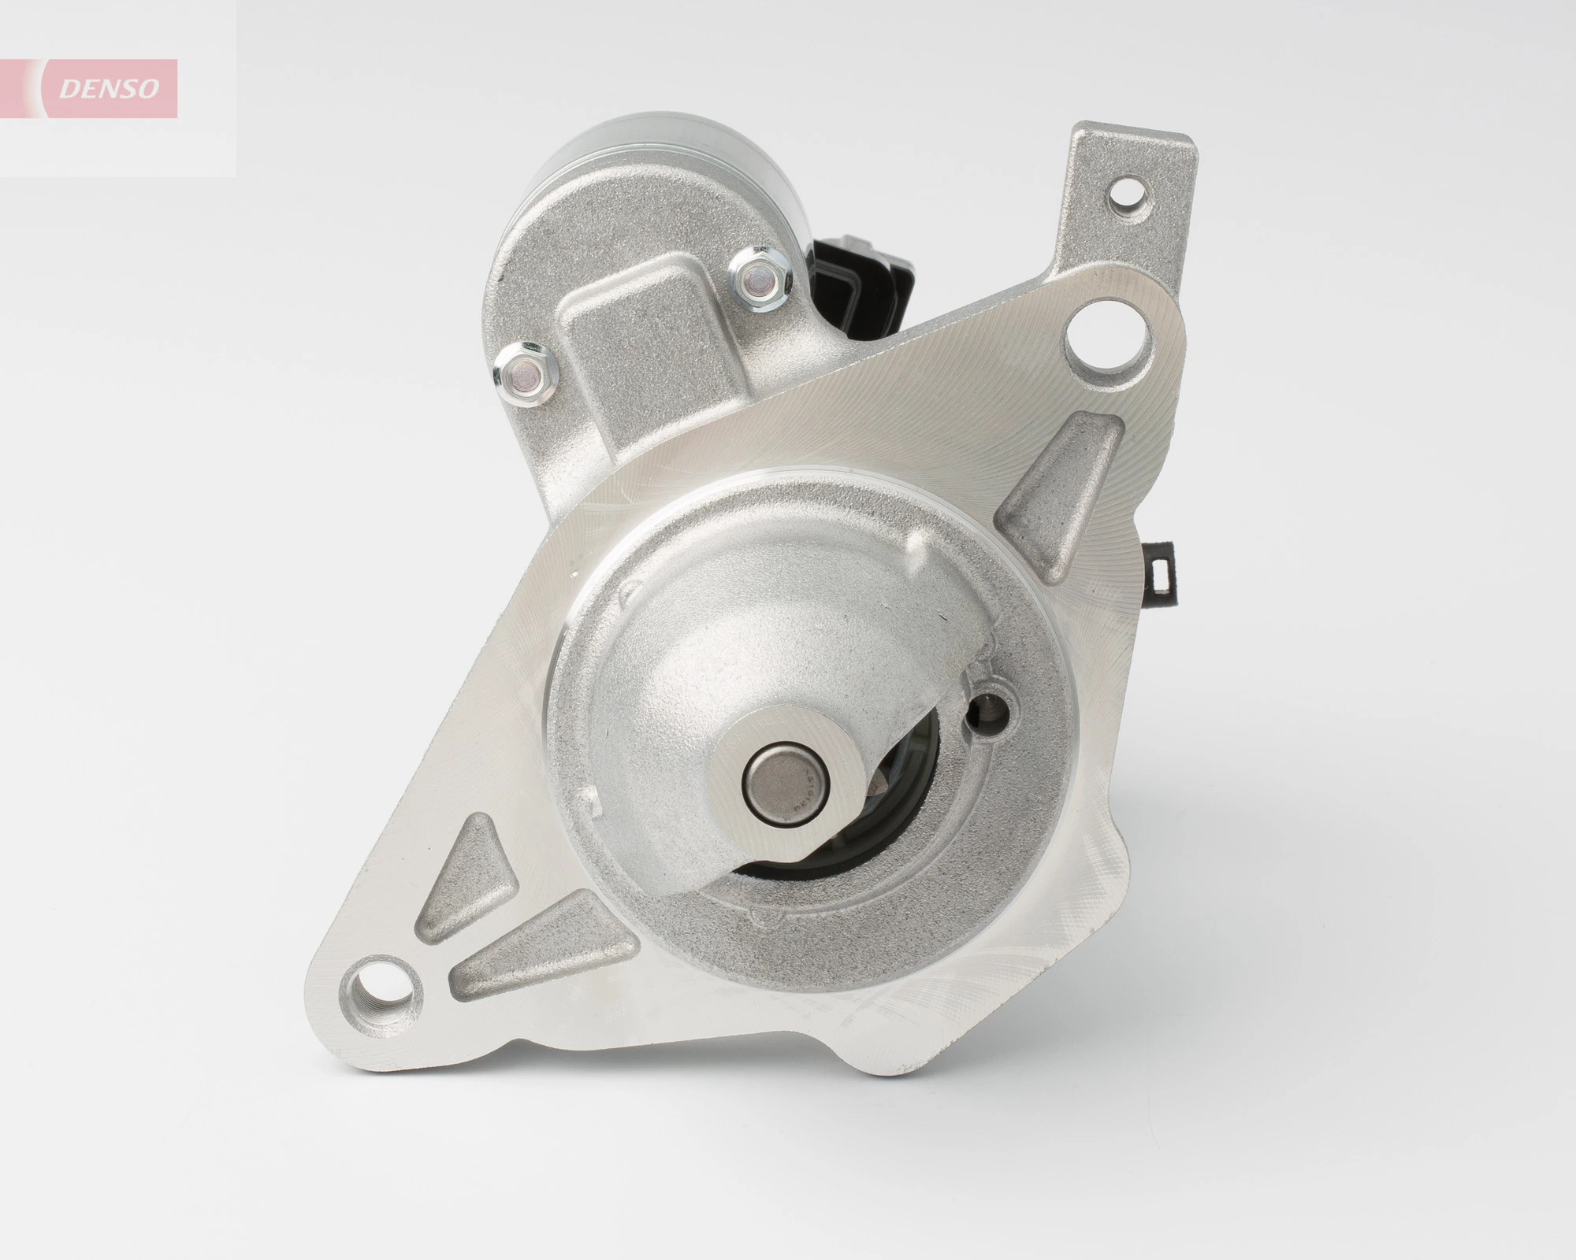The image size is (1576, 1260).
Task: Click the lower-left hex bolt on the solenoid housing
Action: tap(523, 367)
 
